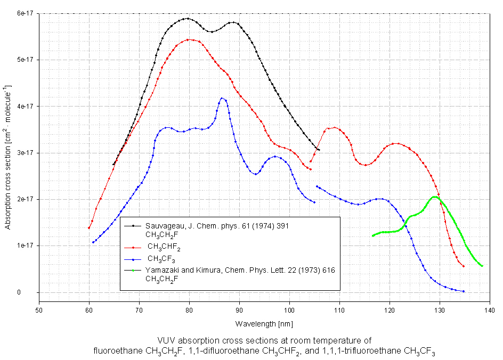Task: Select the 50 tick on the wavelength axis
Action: (x=39, y=308)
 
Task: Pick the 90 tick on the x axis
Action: (x=239, y=308)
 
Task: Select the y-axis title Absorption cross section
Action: (x=7, y=157)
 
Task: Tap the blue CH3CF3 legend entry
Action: (x=162, y=259)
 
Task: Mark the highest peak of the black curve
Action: (x=187, y=19)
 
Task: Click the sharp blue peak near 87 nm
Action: (x=222, y=98)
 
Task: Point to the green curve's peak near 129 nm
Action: (x=435, y=197)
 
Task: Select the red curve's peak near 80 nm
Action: (x=190, y=39)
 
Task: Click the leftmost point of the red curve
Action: (x=89, y=228)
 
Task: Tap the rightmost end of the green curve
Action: (x=482, y=266)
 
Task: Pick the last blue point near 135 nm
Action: (x=464, y=291)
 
